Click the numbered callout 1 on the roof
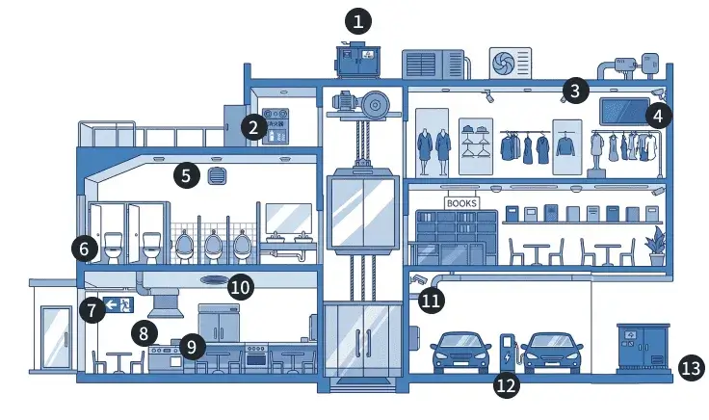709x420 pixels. tap(358, 20)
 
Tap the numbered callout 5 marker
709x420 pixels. tap(187, 175)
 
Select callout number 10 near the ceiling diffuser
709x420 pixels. tap(241, 286)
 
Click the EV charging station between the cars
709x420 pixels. tap(507, 353)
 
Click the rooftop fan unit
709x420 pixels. tap(511, 64)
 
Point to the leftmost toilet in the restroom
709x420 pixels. tap(112, 248)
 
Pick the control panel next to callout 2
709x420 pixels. tap(279, 123)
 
